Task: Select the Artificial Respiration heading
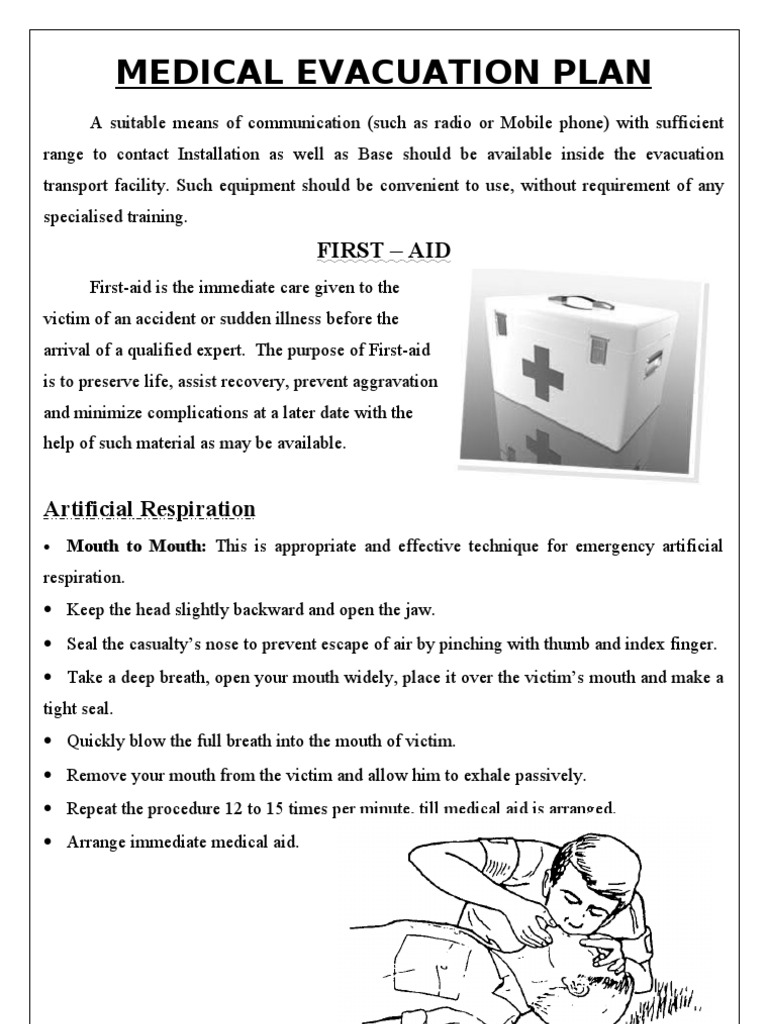coord(149,509)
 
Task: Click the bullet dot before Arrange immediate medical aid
coord(49,842)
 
